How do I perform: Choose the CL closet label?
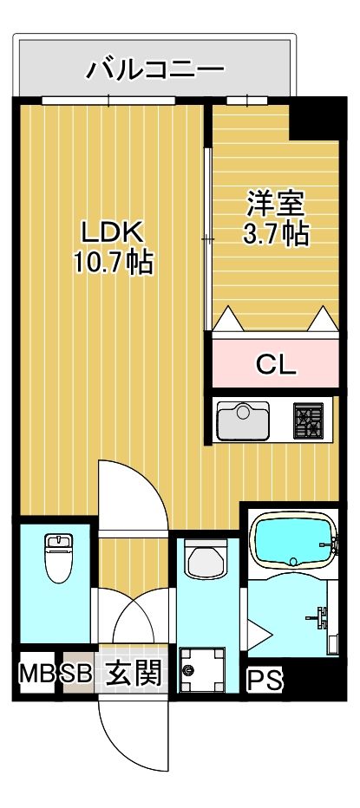click(x=276, y=363)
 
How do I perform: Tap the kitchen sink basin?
click(x=243, y=421)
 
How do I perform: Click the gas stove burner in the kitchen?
click(x=307, y=421)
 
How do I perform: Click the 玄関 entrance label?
click(x=134, y=674)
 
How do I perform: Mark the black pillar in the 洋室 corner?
click(x=312, y=118)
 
